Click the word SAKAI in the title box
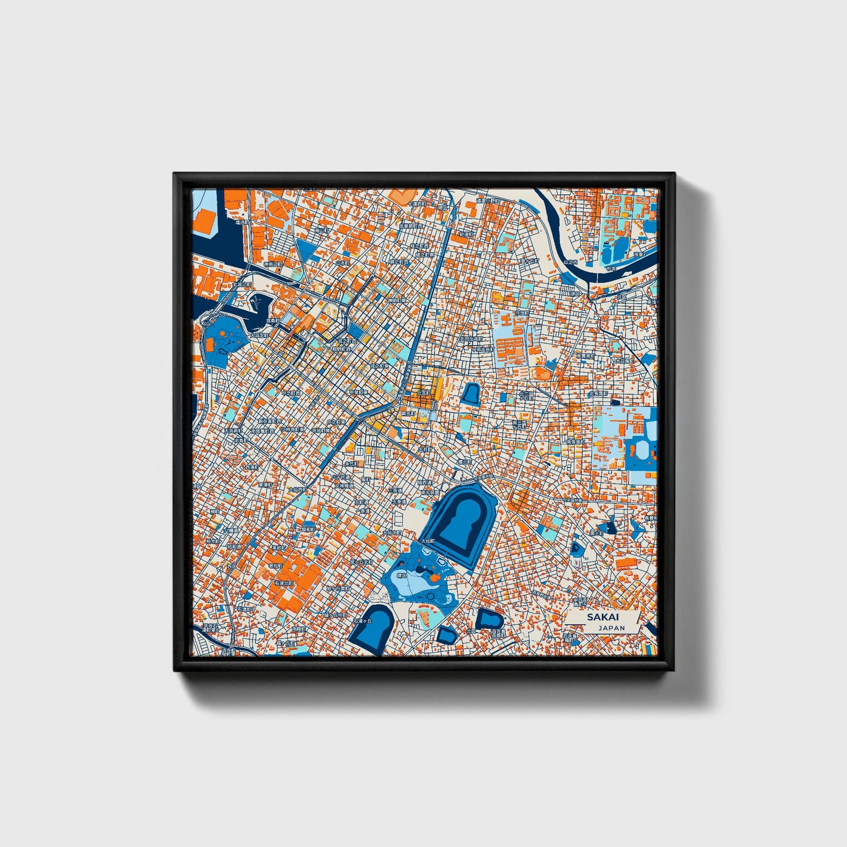point(603,617)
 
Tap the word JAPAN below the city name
point(611,628)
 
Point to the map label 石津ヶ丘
point(363,620)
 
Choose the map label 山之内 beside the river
point(570,262)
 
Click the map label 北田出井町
point(471,339)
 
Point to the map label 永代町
point(351,463)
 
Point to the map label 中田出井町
point(484,349)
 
